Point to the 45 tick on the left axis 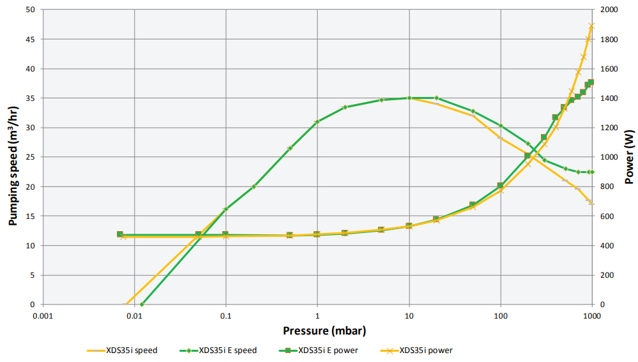(x=30, y=40)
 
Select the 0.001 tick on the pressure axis (x=42, y=315)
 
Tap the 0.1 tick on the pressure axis (x=225, y=315)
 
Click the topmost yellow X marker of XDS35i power (x=591, y=26)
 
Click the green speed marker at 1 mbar (x=317, y=122)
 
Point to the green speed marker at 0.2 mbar (x=254, y=186)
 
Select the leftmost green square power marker (x=119, y=234)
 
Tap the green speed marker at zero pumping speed (x=142, y=305)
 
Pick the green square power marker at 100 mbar (x=501, y=186)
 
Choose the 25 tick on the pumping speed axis (x=30, y=157)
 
